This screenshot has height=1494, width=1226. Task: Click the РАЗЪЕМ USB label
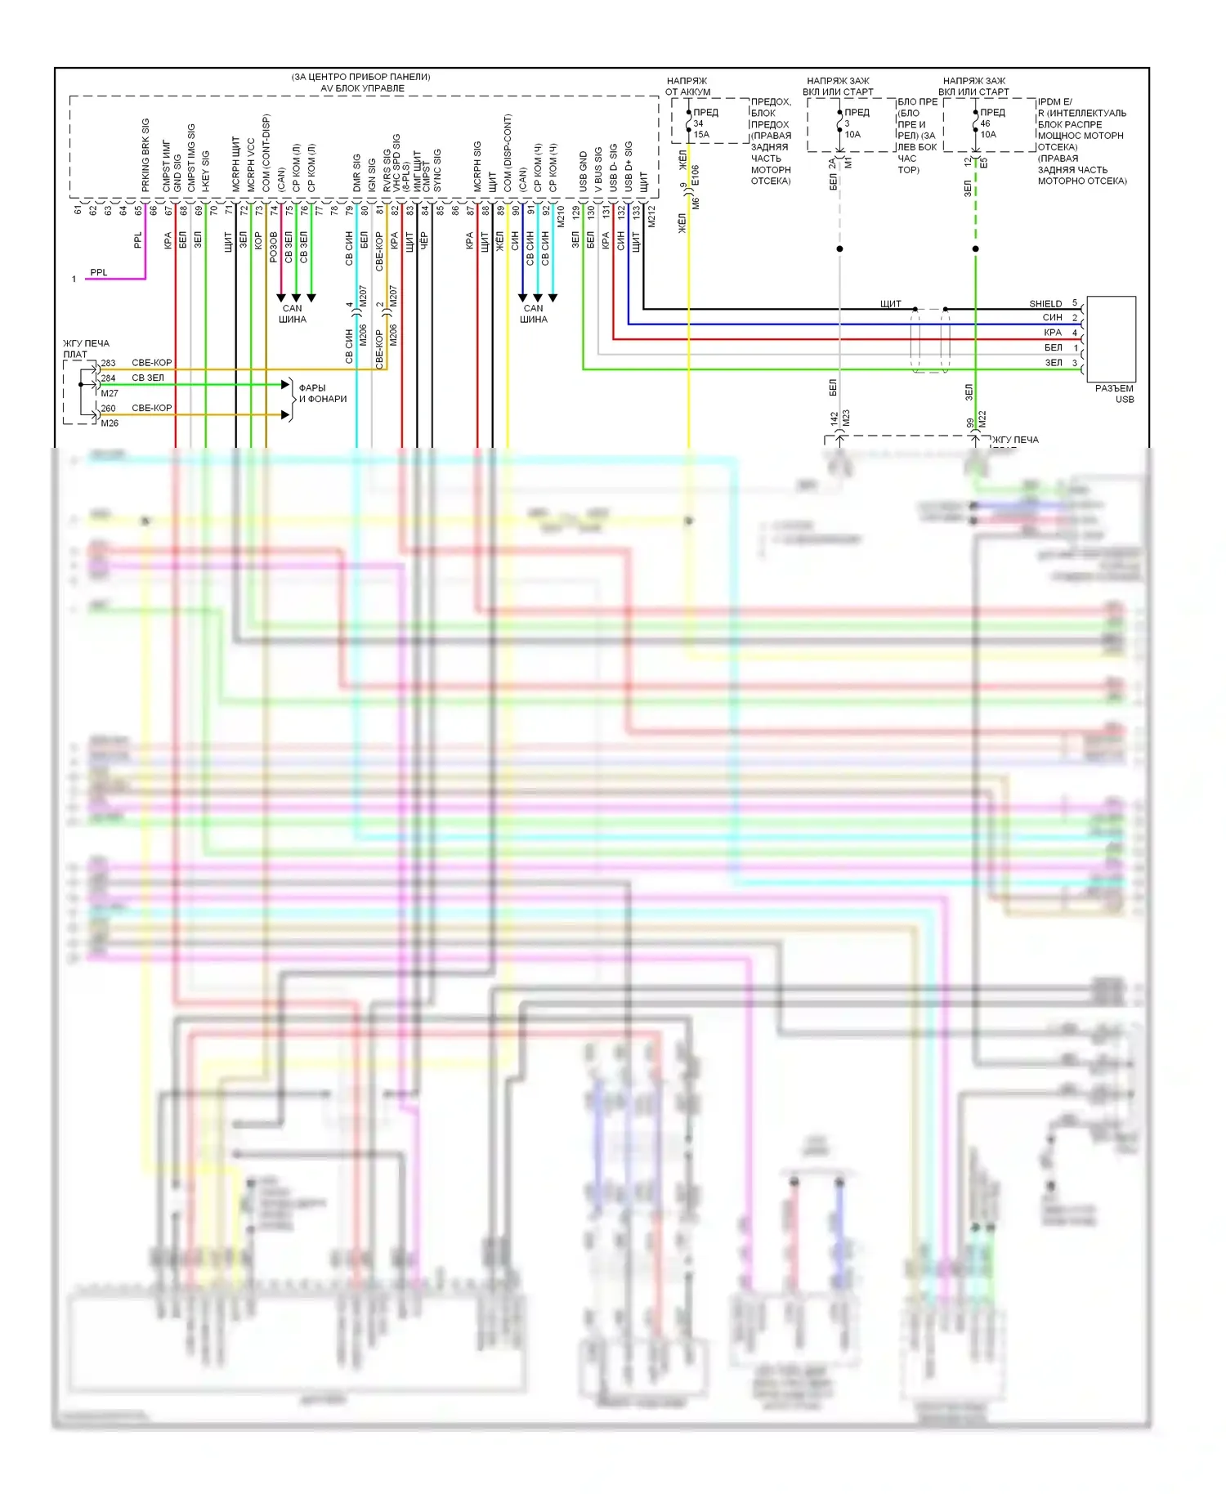tap(1114, 393)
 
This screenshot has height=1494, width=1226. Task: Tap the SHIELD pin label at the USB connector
tap(1045, 303)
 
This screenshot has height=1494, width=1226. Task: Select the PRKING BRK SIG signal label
tap(145, 155)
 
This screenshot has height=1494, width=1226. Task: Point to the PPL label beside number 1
tap(98, 272)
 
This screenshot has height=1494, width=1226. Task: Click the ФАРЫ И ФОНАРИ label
tap(322, 393)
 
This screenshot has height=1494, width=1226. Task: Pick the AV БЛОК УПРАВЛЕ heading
tap(362, 88)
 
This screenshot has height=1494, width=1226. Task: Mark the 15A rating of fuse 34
tap(701, 134)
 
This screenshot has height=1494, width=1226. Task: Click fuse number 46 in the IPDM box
tap(985, 123)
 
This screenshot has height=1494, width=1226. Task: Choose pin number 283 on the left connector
tap(108, 363)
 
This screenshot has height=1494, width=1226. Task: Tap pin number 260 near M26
tap(108, 408)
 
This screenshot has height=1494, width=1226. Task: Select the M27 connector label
tap(110, 393)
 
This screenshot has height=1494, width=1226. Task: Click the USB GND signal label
tap(584, 172)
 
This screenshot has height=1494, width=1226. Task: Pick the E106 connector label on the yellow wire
tap(696, 176)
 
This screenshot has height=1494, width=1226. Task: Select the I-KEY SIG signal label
tap(206, 171)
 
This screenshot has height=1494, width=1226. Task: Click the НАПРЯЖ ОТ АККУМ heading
tap(687, 87)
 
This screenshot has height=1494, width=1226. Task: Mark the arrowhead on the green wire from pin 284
tap(286, 384)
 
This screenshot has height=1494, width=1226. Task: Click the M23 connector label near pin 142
tap(846, 418)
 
